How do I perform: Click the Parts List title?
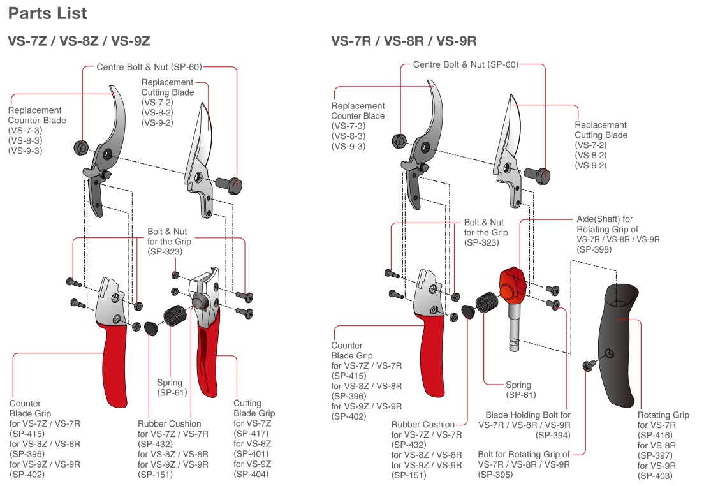point(48,13)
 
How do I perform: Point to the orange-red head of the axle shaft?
point(513,284)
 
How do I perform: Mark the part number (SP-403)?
point(656,475)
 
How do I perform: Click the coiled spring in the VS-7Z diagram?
point(177,317)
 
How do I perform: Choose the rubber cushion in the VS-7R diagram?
point(468,312)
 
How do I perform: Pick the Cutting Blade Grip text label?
point(254,408)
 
